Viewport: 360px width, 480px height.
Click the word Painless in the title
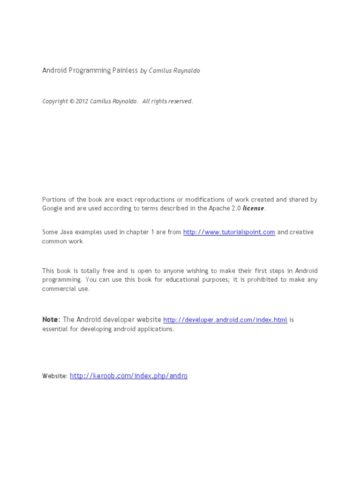click(x=125, y=70)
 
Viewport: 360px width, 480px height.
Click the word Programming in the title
click(x=90, y=71)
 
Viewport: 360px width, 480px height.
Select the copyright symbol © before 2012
click(x=72, y=101)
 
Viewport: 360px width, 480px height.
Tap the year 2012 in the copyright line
click(x=82, y=101)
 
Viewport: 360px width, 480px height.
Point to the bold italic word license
click(x=253, y=208)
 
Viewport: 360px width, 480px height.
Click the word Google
click(x=52, y=208)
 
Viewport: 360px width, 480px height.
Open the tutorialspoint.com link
click(x=229, y=232)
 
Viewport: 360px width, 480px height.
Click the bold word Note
click(x=51, y=320)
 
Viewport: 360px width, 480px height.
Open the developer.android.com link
click(x=225, y=320)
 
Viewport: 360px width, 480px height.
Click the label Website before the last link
click(x=55, y=376)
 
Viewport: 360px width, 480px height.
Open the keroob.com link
click(x=128, y=376)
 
